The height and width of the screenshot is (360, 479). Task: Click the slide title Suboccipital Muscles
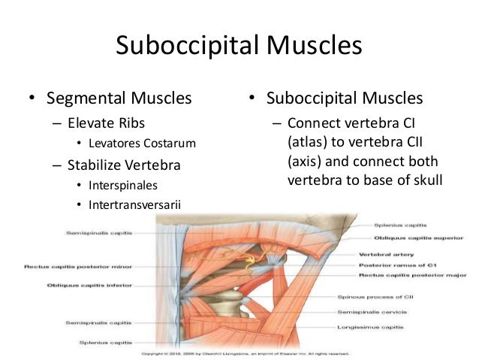239,47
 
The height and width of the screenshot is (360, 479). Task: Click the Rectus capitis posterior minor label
68,266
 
